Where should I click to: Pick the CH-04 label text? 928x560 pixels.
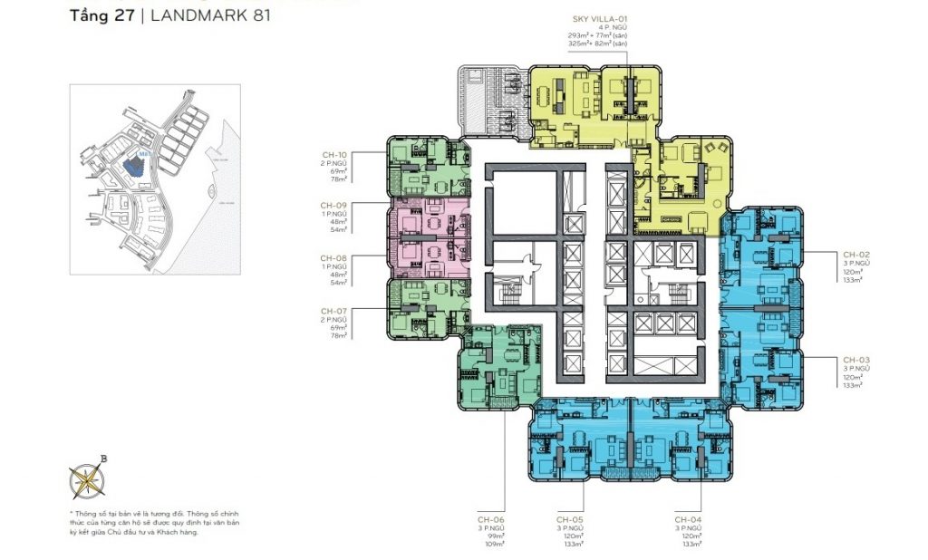click(686, 519)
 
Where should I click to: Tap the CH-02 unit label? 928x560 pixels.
click(855, 255)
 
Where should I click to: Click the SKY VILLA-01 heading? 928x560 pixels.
click(599, 17)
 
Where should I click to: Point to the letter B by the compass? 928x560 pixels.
click(103, 459)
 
